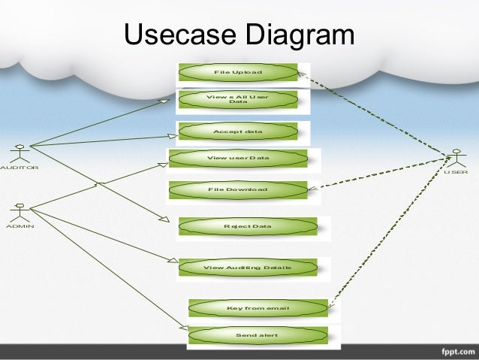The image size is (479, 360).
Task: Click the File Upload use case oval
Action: [x=237, y=72]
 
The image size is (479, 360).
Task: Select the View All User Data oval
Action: [x=237, y=99]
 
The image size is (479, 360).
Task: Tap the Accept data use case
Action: [x=237, y=132]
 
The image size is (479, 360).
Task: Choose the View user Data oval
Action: [x=238, y=159]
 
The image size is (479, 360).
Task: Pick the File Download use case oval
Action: [x=238, y=189]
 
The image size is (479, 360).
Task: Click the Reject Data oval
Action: [x=248, y=226]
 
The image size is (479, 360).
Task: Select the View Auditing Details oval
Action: [x=248, y=268]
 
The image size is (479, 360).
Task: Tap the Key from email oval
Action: [x=258, y=308]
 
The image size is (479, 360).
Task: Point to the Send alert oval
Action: [x=258, y=334]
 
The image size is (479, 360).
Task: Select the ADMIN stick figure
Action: [x=20, y=210]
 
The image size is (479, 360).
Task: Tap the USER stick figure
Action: [x=455, y=160]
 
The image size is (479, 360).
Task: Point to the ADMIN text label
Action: [x=20, y=225]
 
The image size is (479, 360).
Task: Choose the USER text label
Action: [x=455, y=172]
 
